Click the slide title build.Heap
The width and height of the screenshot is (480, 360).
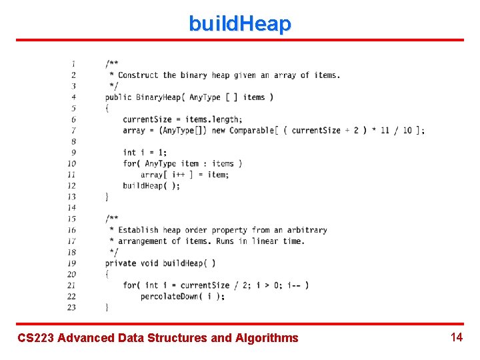tap(240, 24)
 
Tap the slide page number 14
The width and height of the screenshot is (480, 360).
tap(456, 337)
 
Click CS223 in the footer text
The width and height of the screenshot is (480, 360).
tap(35, 338)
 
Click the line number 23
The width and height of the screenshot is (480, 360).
tap(71, 307)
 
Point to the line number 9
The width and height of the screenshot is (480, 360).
tap(73, 152)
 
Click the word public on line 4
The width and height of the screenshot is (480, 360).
tap(118, 97)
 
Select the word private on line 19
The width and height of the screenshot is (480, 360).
tap(121, 263)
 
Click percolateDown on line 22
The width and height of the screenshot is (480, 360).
tap(169, 296)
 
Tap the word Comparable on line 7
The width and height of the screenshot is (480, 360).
tap(251, 130)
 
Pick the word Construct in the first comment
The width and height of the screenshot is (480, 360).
tap(138, 75)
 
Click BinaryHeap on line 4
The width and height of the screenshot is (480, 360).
tap(158, 97)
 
